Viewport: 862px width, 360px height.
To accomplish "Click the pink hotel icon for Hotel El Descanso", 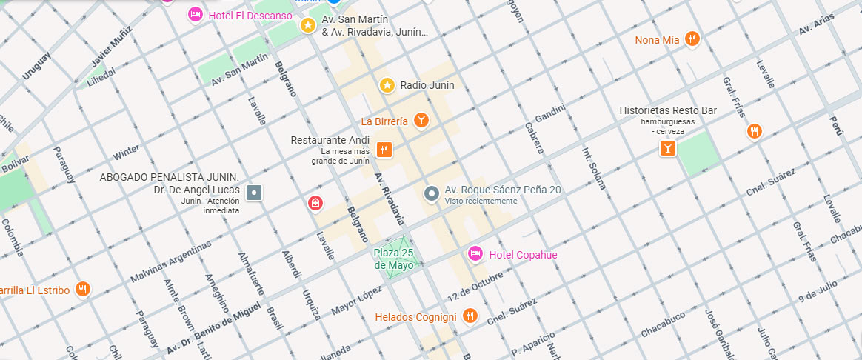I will [x=196, y=14].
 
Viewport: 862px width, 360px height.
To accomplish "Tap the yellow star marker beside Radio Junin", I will [x=387, y=85].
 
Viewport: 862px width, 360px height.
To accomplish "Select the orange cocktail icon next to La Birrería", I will [x=421, y=120].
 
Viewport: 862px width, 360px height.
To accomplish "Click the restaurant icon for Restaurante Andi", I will [x=384, y=150].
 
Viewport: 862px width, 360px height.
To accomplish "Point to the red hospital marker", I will [x=315, y=203].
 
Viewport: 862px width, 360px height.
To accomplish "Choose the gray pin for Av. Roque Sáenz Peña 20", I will [x=432, y=194].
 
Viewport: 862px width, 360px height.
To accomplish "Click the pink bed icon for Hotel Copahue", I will [x=475, y=255].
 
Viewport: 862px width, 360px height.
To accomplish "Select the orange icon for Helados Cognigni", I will [x=470, y=316].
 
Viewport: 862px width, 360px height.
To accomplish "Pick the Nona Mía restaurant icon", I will [x=692, y=39].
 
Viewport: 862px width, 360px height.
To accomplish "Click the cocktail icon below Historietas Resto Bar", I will [x=668, y=148].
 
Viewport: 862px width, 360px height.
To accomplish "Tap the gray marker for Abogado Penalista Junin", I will [x=254, y=193].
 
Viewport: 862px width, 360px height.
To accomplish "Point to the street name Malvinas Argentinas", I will [x=170, y=261].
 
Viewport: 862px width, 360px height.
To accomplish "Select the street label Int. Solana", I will [x=595, y=168].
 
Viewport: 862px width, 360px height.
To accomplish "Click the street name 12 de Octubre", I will [x=475, y=287].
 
